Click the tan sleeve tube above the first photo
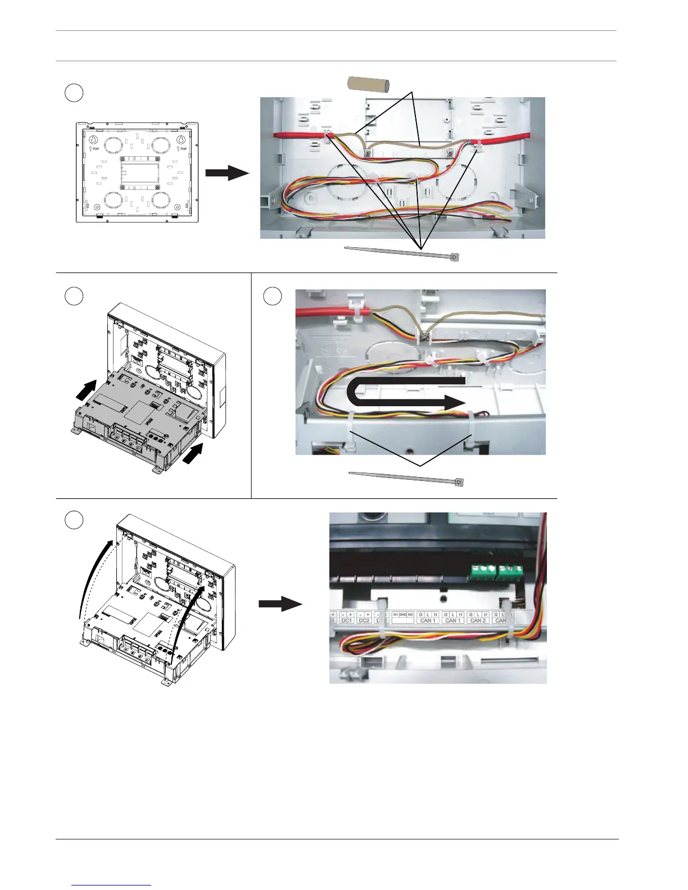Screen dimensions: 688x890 click(369, 84)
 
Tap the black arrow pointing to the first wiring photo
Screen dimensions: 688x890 click(227, 173)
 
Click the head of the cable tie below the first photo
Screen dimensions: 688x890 click(455, 257)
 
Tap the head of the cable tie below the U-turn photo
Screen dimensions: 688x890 click(460, 483)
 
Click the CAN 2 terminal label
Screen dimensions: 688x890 click(478, 620)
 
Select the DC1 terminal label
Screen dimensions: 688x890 click(346, 620)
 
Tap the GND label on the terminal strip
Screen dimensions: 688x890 click(403, 615)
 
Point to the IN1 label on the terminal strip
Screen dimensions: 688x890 click(396, 615)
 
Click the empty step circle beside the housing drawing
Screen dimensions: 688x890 click(74, 93)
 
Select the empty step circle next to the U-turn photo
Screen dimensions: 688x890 click(273, 296)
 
